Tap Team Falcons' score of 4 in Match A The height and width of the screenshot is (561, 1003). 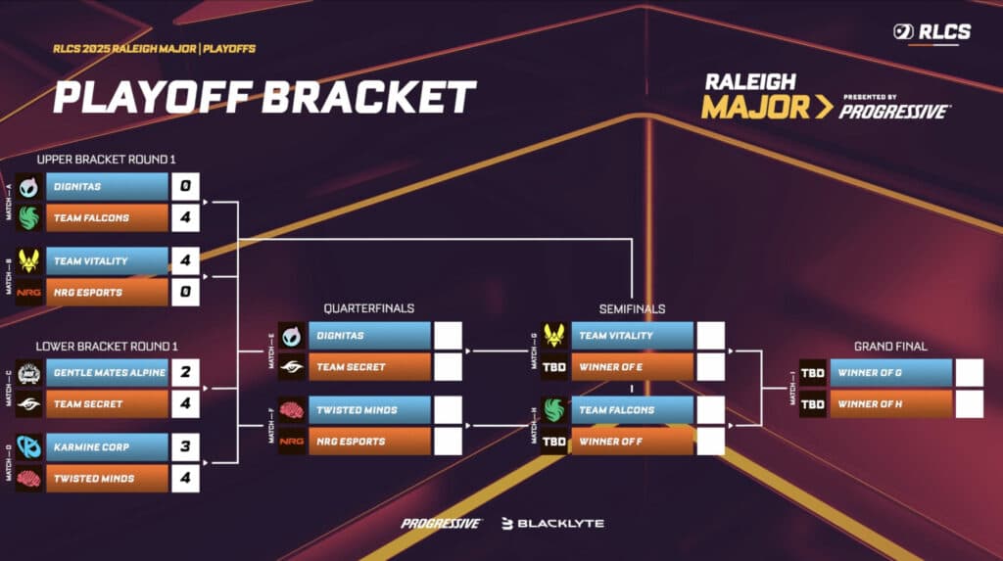[185, 217]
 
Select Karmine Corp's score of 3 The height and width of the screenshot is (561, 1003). [185, 447]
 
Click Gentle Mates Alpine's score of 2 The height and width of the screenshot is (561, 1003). [185, 373]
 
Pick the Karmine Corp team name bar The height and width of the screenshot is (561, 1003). [107, 447]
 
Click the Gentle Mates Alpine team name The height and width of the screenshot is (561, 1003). [109, 373]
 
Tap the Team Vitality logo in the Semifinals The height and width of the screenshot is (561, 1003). [554, 336]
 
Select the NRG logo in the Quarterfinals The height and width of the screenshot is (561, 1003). [292, 442]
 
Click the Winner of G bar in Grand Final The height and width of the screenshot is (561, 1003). [890, 373]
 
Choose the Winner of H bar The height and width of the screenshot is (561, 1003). [890, 404]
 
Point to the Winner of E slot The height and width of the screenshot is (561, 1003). [632, 367]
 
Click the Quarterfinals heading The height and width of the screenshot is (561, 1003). [368, 308]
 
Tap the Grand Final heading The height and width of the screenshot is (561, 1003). [890, 346]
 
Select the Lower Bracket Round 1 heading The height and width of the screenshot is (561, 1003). [107, 346]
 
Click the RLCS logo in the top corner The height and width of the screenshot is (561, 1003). [931, 32]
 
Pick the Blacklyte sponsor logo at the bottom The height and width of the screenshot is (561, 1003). [552, 524]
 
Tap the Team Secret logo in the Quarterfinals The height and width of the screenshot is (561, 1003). [292, 367]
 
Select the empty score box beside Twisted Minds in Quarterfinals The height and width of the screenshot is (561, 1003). [448, 410]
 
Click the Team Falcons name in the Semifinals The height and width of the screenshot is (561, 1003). [632, 410]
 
